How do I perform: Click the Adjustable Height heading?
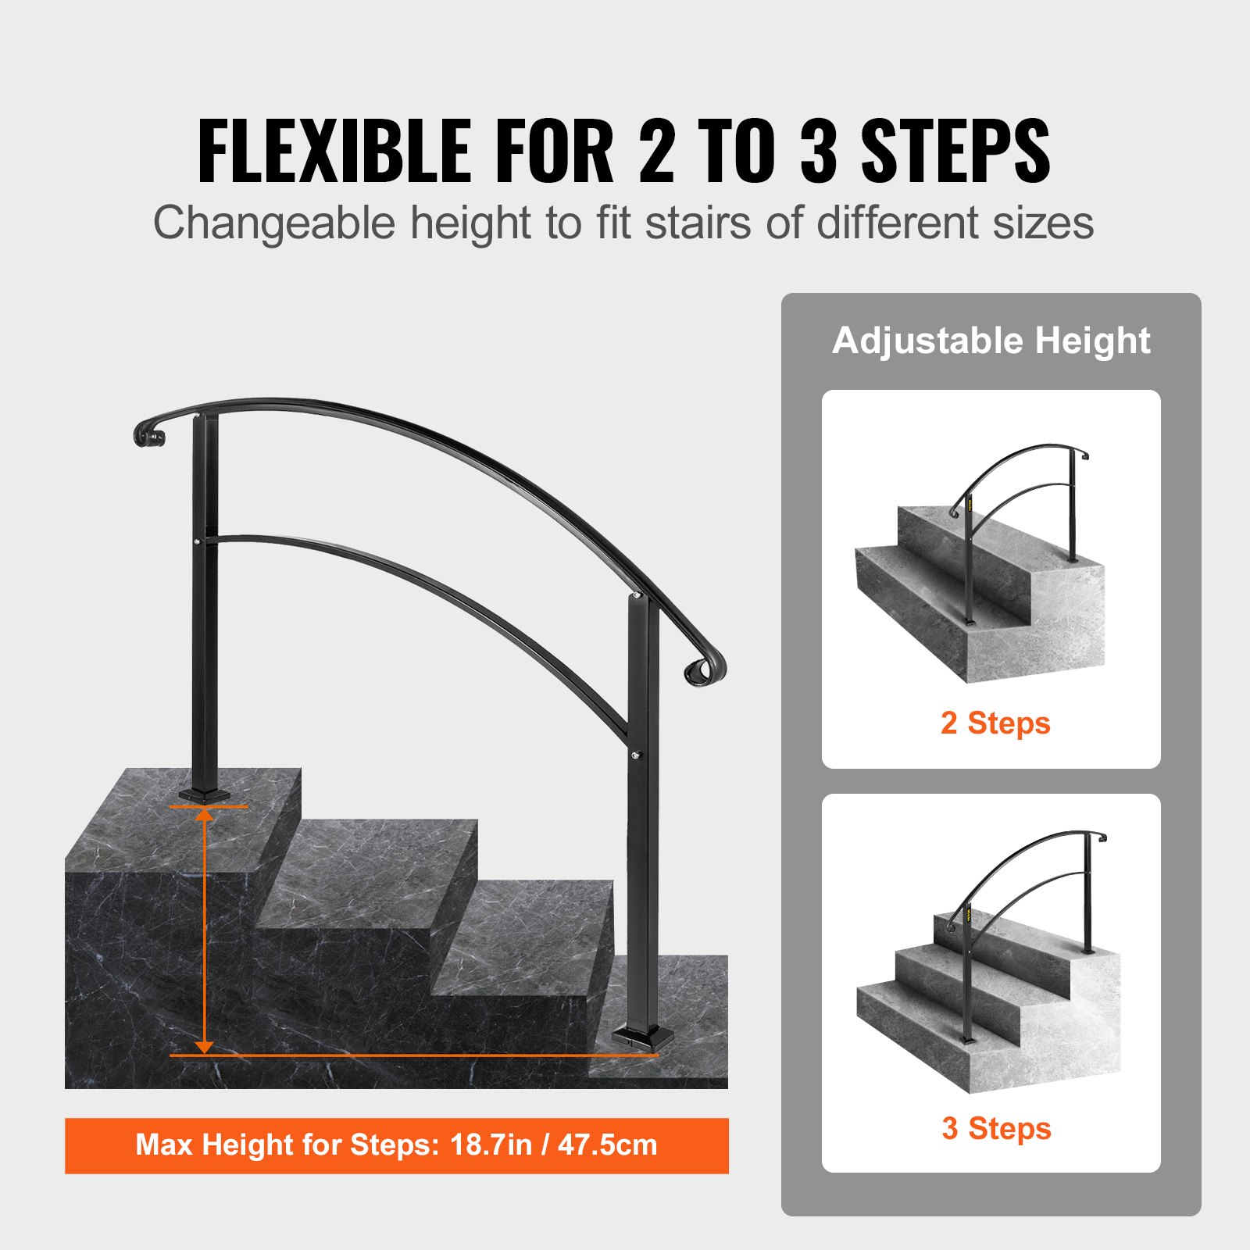[x=991, y=341]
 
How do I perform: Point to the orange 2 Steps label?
[x=995, y=723]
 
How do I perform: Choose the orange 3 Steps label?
[x=996, y=1129]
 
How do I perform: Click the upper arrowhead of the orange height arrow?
[x=205, y=817]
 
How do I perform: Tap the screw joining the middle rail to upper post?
[x=196, y=541]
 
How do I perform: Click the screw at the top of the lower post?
[x=637, y=596]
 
